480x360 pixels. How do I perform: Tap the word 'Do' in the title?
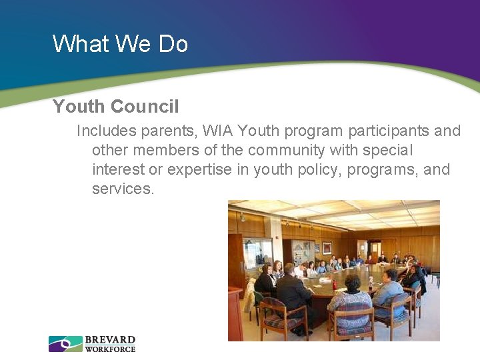click(x=173, y=44)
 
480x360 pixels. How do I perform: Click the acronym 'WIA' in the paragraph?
click(x=219, y=131)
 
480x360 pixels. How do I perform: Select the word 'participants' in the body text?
click(x=388, y=131)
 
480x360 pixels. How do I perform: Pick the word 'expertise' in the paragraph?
click(x=199, y=169)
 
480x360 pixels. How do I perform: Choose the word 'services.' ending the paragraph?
click(x=123, y=189)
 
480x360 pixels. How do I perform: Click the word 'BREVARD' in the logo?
click(x=110, y=340)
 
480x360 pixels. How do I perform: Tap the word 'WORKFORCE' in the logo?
click(x=110, y=349)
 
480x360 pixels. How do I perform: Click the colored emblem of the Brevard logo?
click(x=65, y=344)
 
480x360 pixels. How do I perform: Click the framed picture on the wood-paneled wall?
click(x=327, y=247)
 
